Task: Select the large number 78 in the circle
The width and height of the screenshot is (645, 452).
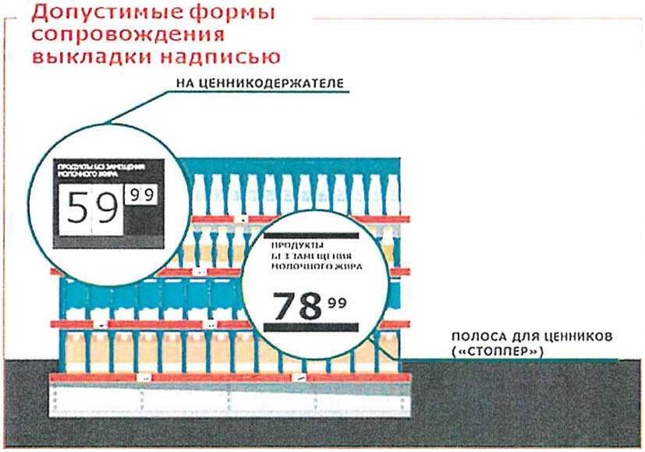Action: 296,306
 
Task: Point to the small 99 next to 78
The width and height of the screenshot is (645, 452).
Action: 337,302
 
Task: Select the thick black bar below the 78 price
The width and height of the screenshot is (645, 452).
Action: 310,330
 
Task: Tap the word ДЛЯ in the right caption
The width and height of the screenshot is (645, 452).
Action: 526,337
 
